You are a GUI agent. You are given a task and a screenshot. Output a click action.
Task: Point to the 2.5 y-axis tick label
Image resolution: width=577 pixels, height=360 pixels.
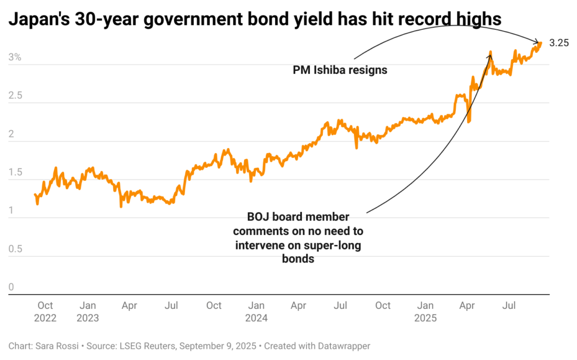(15, 96)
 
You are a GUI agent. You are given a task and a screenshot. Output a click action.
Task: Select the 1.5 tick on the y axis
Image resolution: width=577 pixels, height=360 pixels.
(15, 173)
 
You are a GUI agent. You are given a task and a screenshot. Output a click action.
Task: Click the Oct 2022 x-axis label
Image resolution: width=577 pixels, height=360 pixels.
(45, 312)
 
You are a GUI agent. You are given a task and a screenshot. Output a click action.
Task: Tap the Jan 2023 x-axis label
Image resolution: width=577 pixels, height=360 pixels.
(87, 312)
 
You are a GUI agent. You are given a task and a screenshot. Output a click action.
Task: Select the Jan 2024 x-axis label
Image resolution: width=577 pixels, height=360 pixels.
(256, 312)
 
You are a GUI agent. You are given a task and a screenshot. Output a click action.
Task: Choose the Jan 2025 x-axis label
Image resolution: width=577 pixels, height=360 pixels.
(425, 312)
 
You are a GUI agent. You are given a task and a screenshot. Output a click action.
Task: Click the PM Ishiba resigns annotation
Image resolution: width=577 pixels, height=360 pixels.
(340, 70)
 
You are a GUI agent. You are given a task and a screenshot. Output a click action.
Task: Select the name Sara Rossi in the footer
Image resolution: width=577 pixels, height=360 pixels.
(52, 345)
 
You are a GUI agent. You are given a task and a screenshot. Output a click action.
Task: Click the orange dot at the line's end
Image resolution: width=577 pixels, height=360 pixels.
(540, 43)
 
